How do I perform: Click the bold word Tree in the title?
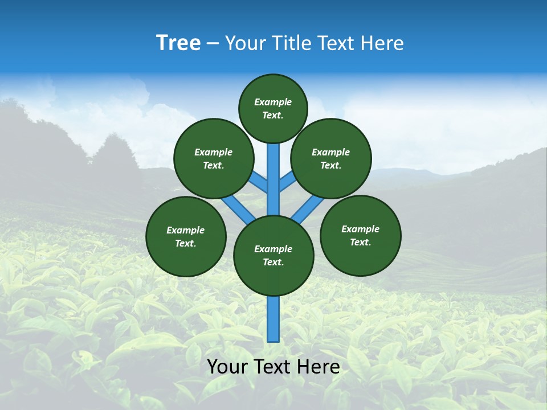(x=178, y=43)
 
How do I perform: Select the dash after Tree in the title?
(x=213, y=43)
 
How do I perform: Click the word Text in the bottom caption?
(x=272, y=367)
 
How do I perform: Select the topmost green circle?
(x=273, y=109)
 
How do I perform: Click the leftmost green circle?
(x=186, y=237)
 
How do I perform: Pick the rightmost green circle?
(x=360, y=236)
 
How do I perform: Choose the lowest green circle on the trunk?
(x=273, y=256)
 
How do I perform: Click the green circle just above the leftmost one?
(x=214, y=159)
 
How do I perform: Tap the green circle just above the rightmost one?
(x=331, y=159)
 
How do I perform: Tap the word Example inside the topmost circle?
(x=273, y=102)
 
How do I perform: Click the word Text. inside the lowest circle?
(x=273, y=263)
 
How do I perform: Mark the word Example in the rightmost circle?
(x=360, y=229)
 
